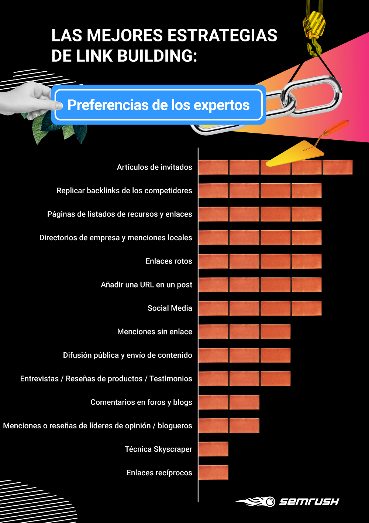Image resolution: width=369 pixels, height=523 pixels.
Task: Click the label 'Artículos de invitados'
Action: click(154, 167)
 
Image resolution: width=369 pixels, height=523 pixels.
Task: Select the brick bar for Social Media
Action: click(260, 308)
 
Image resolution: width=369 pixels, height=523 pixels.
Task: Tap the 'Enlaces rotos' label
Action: click(169, 261)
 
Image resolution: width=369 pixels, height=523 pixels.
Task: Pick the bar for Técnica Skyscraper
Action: click(213, 449)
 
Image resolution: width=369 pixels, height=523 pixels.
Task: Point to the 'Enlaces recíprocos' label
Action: click(159, 473)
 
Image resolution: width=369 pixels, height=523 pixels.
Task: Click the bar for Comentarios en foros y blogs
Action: click(229, 402)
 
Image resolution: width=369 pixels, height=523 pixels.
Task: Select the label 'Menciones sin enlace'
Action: click(155, 332)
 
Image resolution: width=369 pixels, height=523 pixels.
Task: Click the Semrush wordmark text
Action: click(309, 502)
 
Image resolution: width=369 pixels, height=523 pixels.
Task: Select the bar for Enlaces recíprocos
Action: click(213, 473)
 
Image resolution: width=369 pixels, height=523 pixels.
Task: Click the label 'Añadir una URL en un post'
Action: click(146, 285)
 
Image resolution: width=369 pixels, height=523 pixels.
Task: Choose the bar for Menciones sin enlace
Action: click(244, 332)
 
